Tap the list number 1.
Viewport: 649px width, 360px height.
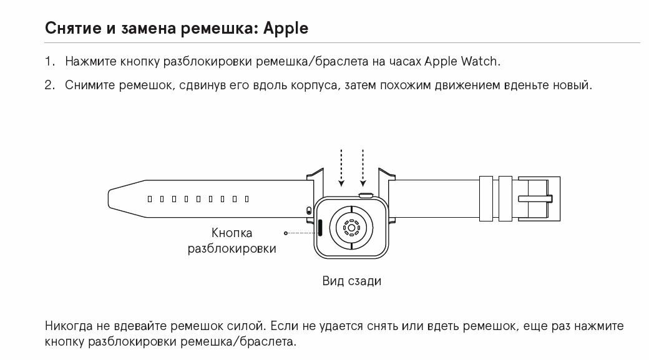49,62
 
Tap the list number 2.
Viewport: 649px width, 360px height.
50,85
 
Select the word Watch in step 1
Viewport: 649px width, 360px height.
481,62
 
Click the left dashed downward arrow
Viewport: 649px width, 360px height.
341,167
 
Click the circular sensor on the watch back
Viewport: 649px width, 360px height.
351,228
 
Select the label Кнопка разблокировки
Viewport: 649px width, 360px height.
232,240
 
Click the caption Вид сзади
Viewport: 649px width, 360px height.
351,281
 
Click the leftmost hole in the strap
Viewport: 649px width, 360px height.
150,199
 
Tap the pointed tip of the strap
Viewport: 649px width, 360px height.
112,199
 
